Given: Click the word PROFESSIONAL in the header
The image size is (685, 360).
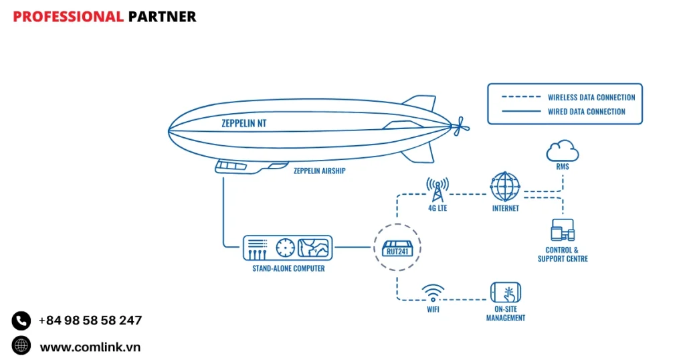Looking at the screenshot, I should [68, 17].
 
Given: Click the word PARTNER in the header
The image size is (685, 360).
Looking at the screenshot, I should [162, 17].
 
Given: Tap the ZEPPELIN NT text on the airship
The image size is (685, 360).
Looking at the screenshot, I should [248, 123].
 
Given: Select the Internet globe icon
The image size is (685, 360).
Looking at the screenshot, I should [504, 187].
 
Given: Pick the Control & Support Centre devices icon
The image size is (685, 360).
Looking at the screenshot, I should [563, 231].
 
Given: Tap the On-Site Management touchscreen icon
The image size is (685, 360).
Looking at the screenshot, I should [506, 292].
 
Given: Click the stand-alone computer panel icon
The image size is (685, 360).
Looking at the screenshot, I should [287, 248].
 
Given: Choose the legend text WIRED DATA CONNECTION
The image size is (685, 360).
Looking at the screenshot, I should [587, 112].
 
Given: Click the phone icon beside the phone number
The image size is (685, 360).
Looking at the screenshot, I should [21, 321].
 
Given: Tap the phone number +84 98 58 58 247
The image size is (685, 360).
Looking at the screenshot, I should [90, 321].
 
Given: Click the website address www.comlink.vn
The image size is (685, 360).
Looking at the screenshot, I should [90, 347].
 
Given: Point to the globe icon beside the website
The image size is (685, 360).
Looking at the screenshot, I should [21, 345].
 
